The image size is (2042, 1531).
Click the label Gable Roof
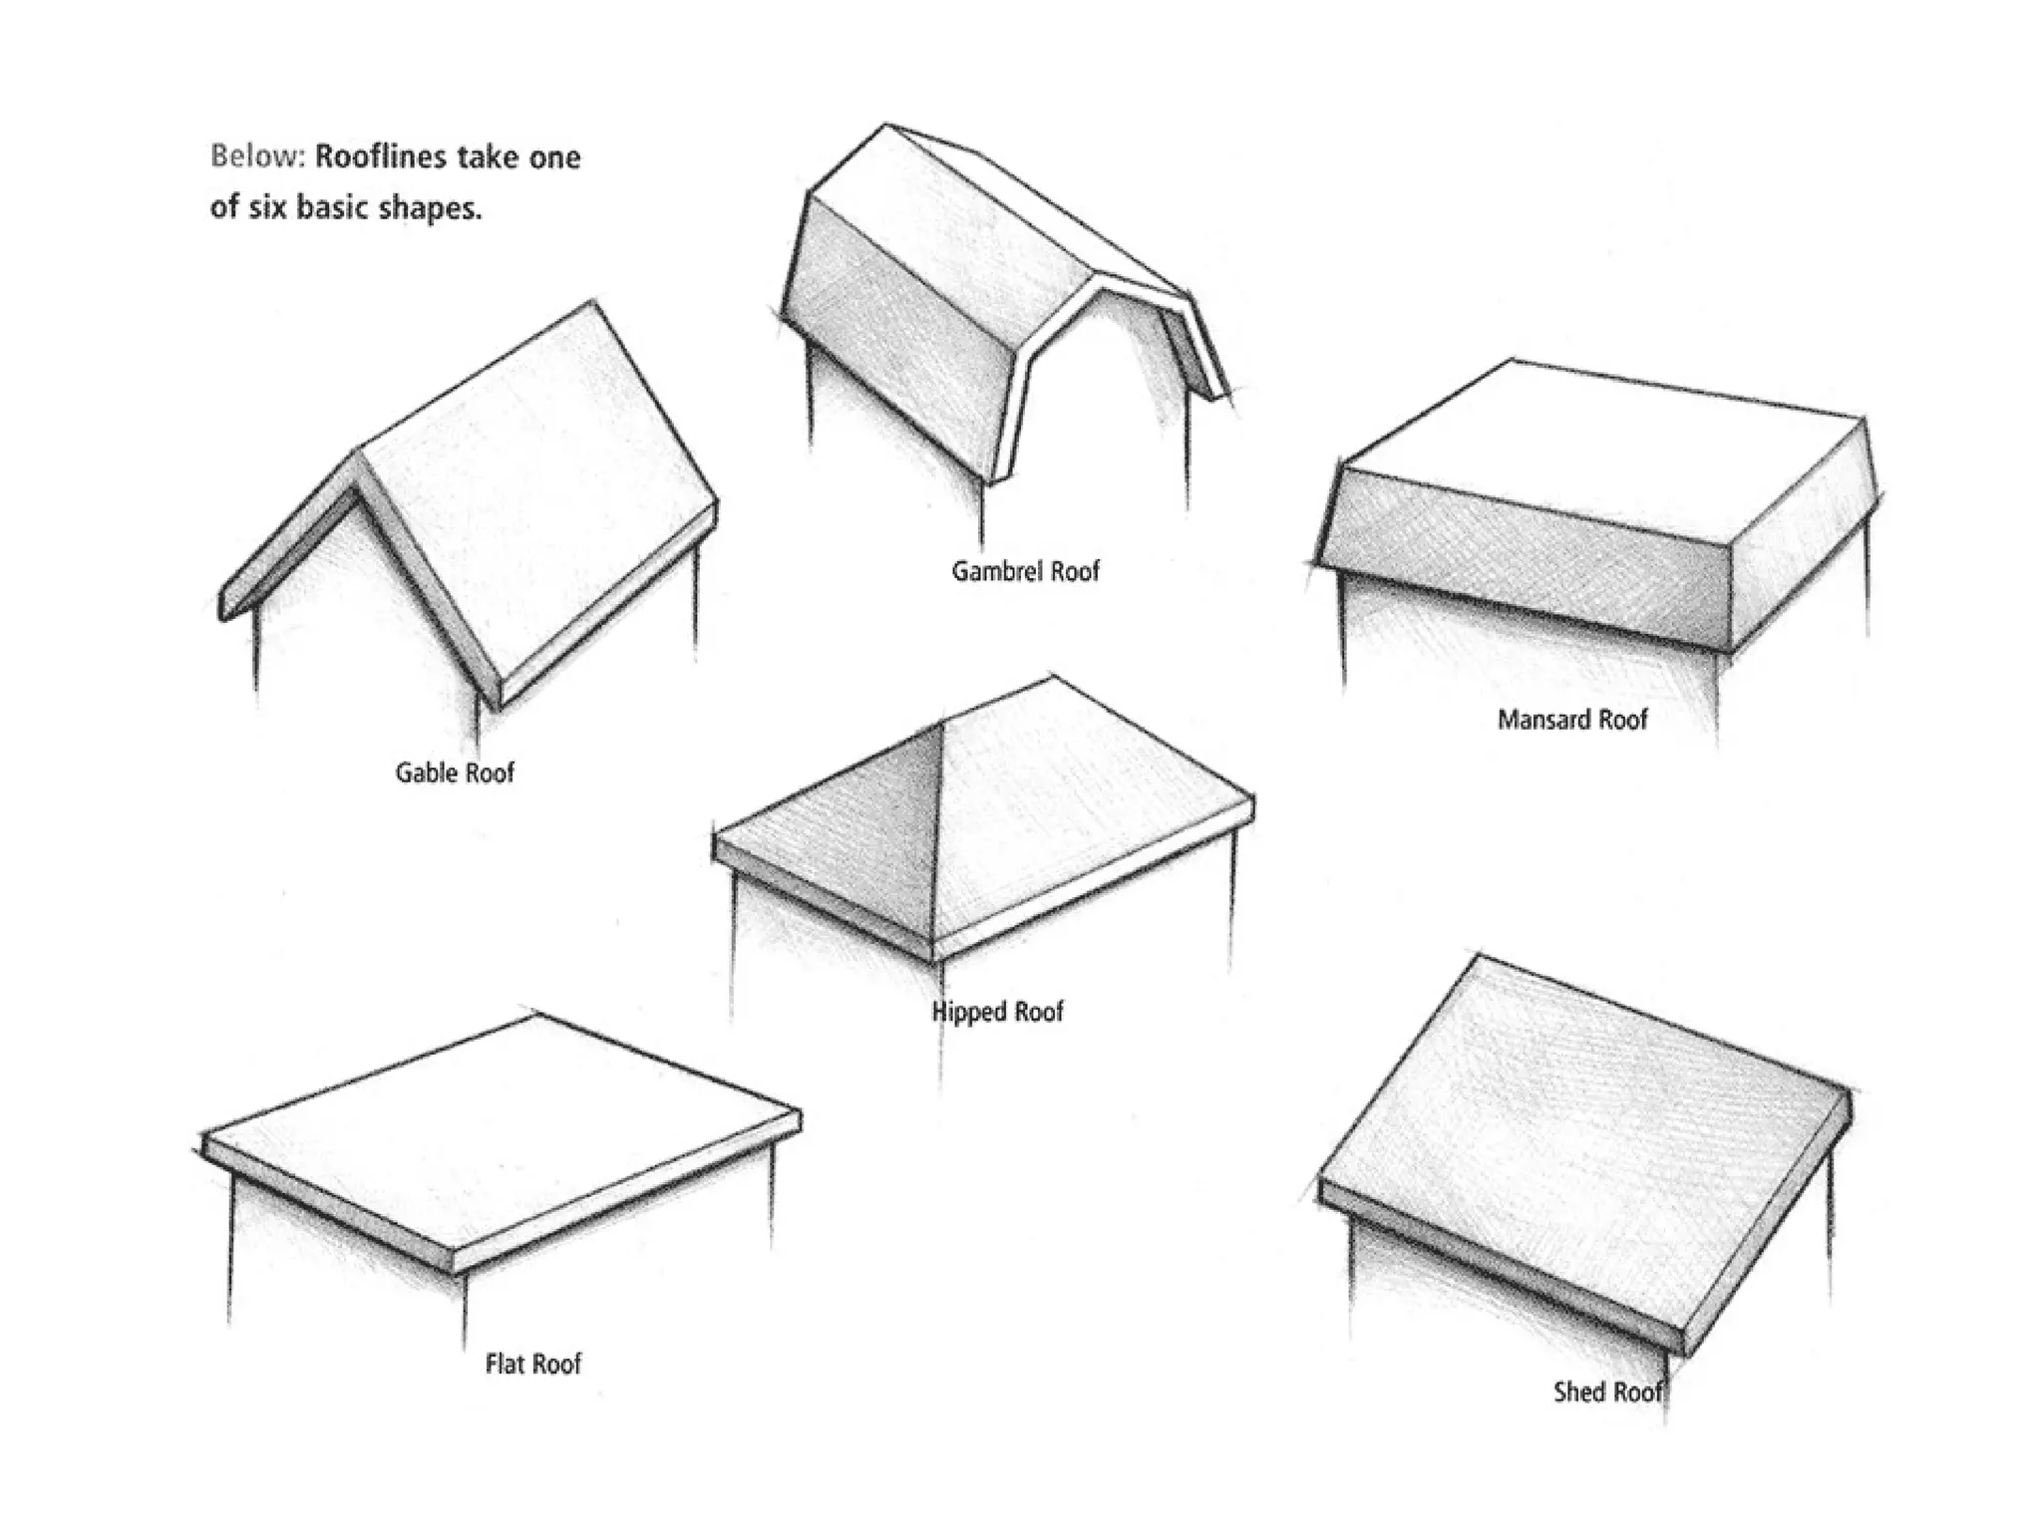pyautogui.click(x=455, y=772)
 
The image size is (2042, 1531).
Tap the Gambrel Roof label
pyautogui.click(x=1025, y=571)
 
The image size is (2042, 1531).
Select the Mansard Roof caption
pyautogui.click(x=1572, y=720)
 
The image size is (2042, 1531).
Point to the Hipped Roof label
pyautogui.click(x=997, y=1012)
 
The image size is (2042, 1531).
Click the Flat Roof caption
pyautogui.click(x=532, y=1364)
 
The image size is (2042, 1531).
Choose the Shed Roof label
pyautogui.click(x=1607, y=1391)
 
